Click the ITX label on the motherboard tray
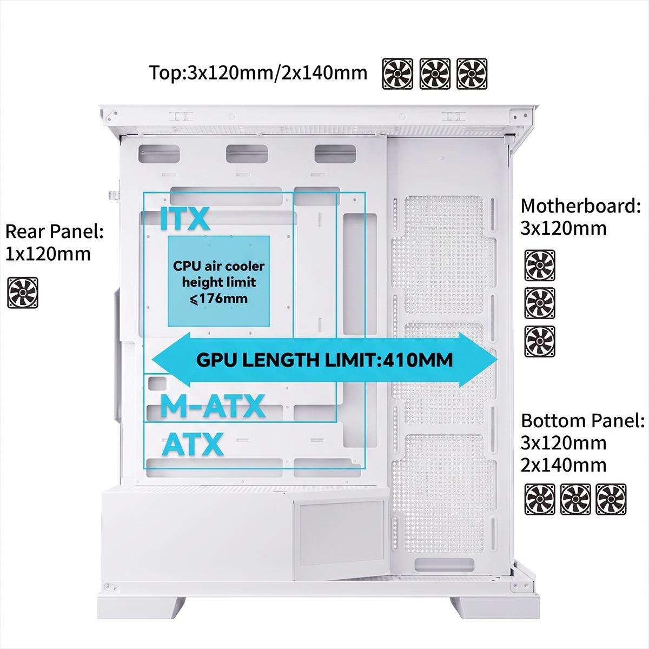pyautogui.click(x=185, y=218)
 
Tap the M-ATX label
pyautogui.click(x=213, y=406)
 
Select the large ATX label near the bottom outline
pyautogui.click(x=193, y=444)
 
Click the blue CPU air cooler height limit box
pyautogui.click(x=219, y=281)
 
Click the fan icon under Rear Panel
pyautogui.click(x=23, y=293)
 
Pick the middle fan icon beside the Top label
pyautogui.click(x=435, y=74)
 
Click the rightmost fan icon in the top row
pyautogui.click(x=472, y=74)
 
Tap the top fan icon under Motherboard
pyautogui.click(x=540, y=266)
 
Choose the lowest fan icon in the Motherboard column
pyautogui.click(x=540, y=341)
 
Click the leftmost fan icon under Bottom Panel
pyautogui.click(x=540, y=500)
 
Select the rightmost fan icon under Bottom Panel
pyautogui.click(x=611, y=500)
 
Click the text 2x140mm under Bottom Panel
pyautogui.click(x=564, y=465)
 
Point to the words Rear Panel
pyautogui.click(x=55, y=231)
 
